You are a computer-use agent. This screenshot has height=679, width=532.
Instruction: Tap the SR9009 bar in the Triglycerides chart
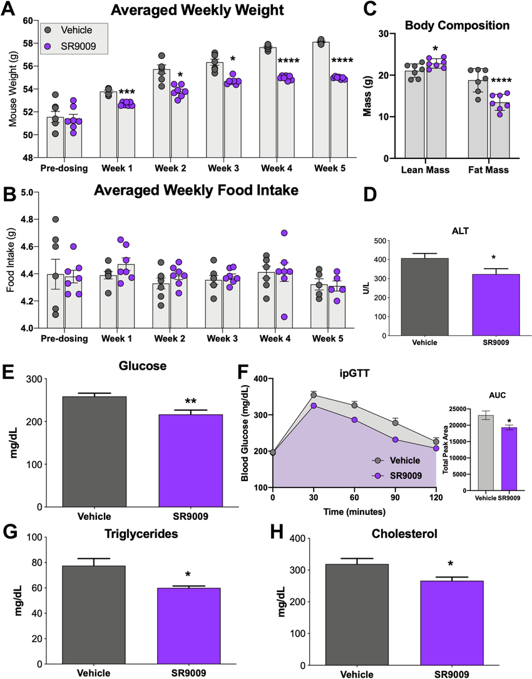pos(188,626)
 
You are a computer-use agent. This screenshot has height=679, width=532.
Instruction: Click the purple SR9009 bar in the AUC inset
pos(509,459)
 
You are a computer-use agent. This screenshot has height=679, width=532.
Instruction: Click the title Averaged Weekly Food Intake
pos(197,190)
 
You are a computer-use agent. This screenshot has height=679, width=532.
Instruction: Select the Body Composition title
pos(457,26)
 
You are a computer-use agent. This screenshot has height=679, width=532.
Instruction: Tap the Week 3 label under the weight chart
pos(223,168)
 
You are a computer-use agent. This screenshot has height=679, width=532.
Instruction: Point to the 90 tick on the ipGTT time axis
pos(396,497)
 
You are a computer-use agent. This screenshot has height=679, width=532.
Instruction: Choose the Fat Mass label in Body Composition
pos(488,170)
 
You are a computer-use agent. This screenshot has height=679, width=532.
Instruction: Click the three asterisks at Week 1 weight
pos(126,92)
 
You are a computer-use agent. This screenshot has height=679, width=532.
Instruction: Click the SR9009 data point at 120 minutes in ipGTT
pos(436,448)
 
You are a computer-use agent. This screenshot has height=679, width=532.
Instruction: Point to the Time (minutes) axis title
pos(354,512)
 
